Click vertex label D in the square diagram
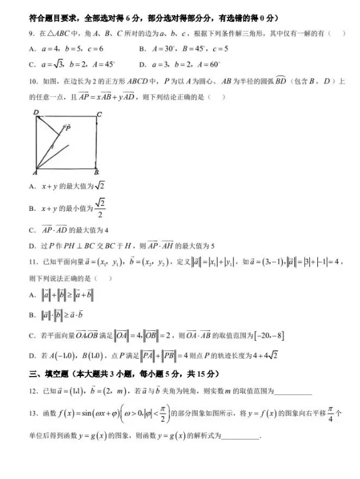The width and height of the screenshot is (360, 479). (36, 113)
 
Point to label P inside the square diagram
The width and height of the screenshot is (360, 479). (67, 127)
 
